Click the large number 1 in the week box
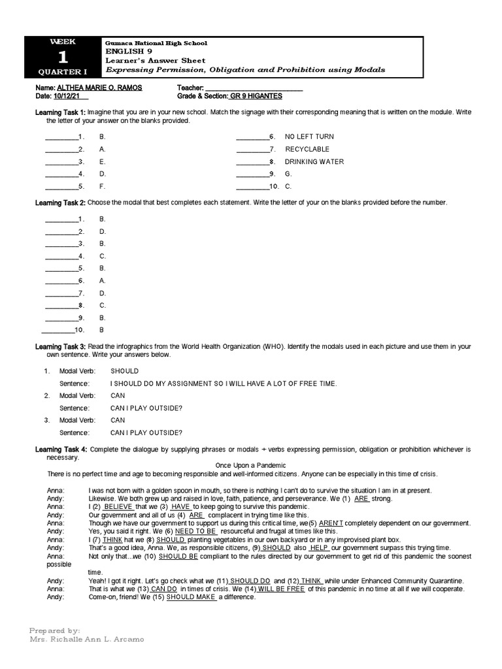(63, 56)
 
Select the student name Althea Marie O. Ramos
(99, 88)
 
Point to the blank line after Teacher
(254, 88)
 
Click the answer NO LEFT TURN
(309, 137)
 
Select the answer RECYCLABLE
(307, 149)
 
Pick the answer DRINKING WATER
(314, 161)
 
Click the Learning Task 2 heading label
(60, 203)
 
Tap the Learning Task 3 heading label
(60, 346)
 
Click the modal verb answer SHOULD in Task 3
(124, 371)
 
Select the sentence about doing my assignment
(224, 383)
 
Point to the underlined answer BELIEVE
(118, 507)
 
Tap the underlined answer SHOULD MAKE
(191, 597)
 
